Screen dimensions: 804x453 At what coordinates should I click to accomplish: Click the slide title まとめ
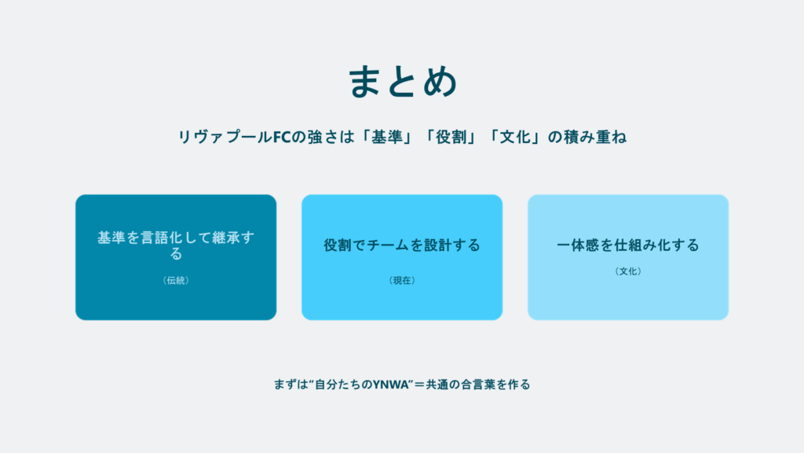[403, 81]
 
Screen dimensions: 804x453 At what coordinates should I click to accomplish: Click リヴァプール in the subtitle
[225, 137]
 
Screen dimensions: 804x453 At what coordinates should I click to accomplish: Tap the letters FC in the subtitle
[282, 137]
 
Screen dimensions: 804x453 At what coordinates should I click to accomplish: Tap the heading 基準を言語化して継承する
[176, 245]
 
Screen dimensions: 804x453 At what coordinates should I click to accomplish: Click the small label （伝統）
[176, 281]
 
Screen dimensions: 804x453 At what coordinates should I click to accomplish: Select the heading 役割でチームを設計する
[402, 245]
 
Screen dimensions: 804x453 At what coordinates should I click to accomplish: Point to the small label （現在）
[402, 281]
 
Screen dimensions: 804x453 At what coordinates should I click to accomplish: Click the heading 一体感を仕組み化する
[628, 245]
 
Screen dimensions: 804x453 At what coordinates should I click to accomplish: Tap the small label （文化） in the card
[628, 271]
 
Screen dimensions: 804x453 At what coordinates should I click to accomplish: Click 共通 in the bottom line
[437, 385]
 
